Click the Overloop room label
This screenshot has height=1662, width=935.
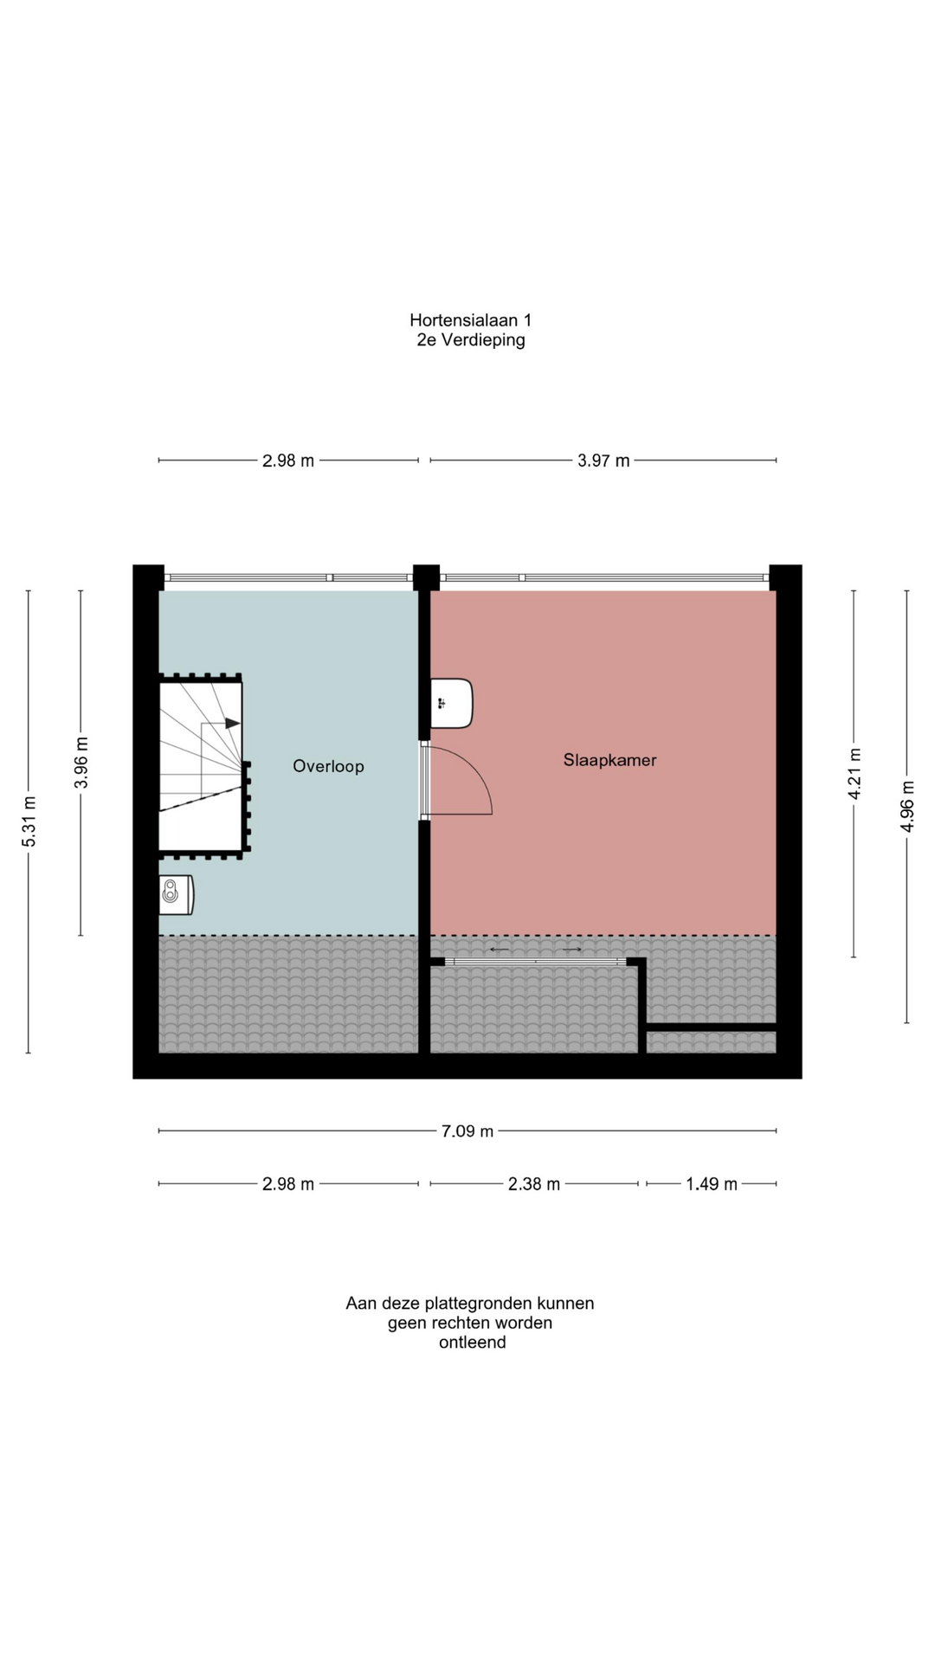click(x=328, y=766)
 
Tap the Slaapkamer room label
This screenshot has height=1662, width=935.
click(x=609, y=760)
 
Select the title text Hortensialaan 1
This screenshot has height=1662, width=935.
click(x=471, y=320)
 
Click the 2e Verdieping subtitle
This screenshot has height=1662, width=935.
click(x=471, y=340)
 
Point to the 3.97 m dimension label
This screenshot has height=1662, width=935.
click(x=603, y=461)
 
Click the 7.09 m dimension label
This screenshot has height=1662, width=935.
click(x=467, y=1131)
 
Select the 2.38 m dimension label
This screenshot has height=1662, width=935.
click(x=533, y=1184)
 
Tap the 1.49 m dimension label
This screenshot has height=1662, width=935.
click(x=712, y=1184)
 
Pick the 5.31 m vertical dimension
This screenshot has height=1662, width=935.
click(x=29, y=821)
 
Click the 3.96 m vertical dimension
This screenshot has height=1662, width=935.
click(x=82, y=763)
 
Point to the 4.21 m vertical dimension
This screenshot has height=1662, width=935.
click(x=854, y=774)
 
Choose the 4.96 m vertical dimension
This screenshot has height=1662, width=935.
click(x=907, y=807)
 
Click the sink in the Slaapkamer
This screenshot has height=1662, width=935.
click(x=452, y=703)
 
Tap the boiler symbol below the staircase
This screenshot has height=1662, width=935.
click(x=176, y=894)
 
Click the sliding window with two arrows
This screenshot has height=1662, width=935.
click(x=536, y=961)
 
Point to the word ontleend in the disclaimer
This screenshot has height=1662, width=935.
click(x=472, y=1343)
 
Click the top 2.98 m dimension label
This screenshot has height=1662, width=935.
click(x=288, y=461)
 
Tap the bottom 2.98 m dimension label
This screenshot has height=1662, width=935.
click(x=288, y=1184)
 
